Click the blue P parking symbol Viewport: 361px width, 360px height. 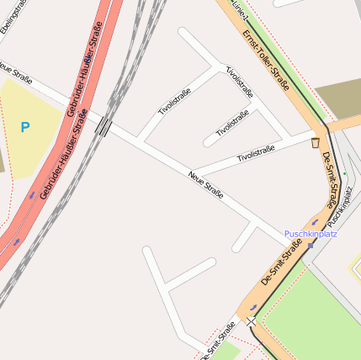[x=25, y=127]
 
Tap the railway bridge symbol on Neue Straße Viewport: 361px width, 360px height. [x=104, y=126]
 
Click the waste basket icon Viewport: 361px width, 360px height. [x=315, y=143]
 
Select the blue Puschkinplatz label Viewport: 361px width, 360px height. [x=311, y=233]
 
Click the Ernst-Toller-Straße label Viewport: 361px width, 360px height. [x=265, y=60]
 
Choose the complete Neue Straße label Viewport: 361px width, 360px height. [x=205, y=184]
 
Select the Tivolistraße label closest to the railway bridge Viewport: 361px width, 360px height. [x=175, y=101]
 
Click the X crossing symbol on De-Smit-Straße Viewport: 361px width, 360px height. [x=251, y=321]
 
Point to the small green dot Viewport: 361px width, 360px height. [x=344, y=173]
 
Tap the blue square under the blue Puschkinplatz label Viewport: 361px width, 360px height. [x=311, y=246]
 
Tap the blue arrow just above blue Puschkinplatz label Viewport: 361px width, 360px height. [x=316, y=224]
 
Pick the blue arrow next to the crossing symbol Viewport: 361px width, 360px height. [x=252, y=308]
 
